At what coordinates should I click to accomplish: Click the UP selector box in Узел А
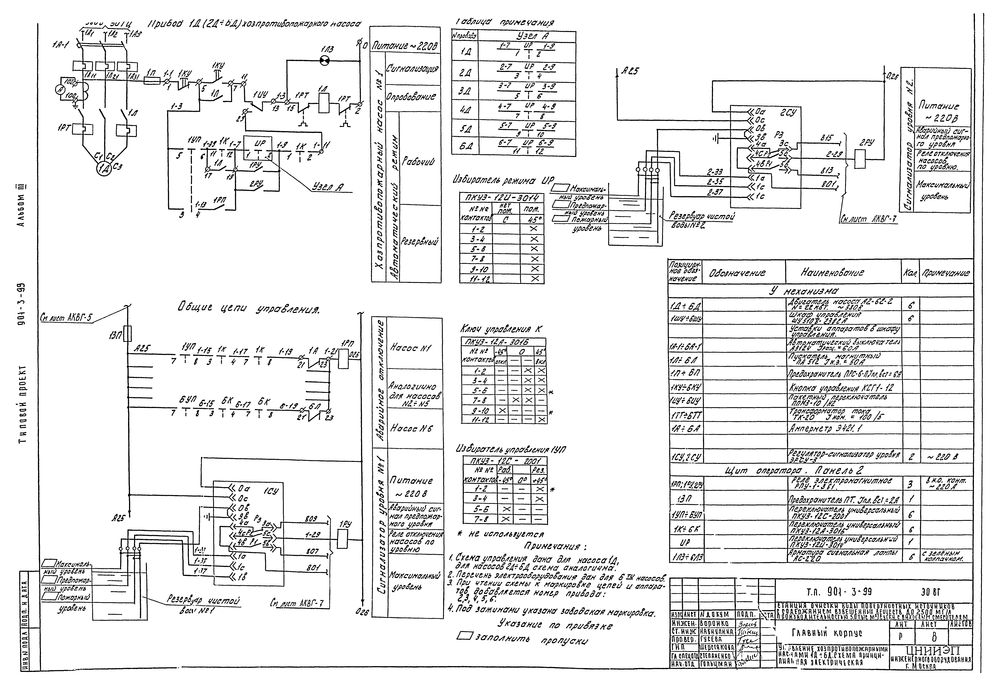(x=258, y=149)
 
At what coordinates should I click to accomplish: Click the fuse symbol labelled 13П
(x=128, y=334)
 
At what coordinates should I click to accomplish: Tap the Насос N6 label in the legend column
(x=411, y=428)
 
